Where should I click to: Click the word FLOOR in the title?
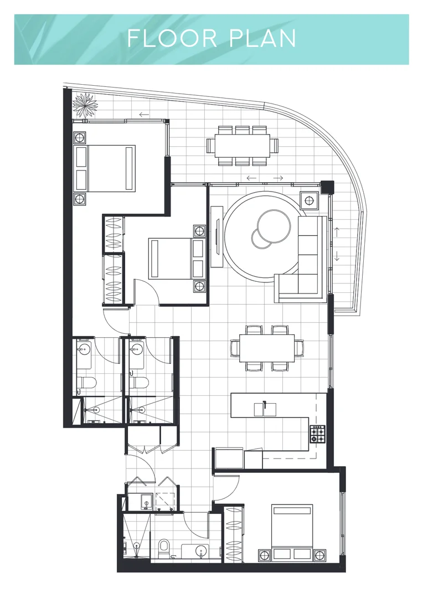[164, 39]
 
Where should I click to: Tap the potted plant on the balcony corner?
[86, 104]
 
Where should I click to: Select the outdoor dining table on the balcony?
[243, 145]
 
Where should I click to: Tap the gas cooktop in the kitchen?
[318, 434]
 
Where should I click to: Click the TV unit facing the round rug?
[216, 236]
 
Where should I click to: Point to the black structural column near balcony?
[327, 187]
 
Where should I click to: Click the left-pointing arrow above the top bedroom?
[145, 115]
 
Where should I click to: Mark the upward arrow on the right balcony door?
[336, 230]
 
